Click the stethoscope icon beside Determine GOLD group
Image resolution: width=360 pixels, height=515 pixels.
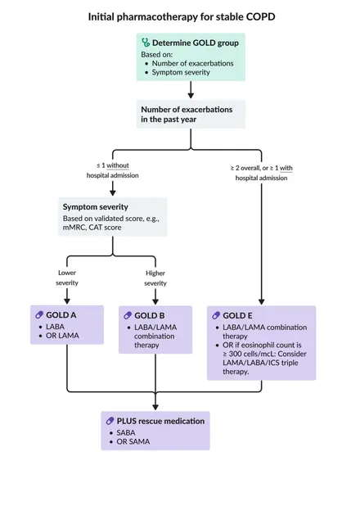pos(146,43)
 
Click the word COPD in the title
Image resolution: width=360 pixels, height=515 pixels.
pos(262,16)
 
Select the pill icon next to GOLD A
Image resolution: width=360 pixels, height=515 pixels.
pos(39,315)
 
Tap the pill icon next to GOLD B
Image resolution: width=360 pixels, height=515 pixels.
pos(128,316)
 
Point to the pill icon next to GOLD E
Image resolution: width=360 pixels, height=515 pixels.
pos(216,316)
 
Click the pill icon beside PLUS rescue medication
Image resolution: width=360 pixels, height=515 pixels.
pos(110,421)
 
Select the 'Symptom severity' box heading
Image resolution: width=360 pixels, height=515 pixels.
pos(96,207)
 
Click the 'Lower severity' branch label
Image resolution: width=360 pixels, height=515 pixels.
pos(67,278)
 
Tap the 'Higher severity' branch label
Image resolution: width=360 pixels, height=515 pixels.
pos(155,278)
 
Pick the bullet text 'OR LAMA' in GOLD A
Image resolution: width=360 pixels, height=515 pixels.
pos(62,336)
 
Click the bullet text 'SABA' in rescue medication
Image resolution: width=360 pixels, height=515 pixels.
pos(126,432)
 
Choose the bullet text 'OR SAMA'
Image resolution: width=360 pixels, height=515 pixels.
pos(133,441)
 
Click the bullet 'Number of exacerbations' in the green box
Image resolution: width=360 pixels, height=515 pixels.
pos(192,63)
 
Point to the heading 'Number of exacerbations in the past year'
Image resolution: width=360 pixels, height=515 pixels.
pos(187,115)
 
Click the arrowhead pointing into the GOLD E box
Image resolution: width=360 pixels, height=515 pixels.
pos(262,301)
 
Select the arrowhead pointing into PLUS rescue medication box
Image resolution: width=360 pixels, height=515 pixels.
pos(155,407)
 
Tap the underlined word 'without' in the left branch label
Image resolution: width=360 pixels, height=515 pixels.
pos(118,165)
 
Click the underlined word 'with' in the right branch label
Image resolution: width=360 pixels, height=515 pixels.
pos(286,168)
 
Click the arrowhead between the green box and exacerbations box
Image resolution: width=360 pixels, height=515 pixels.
pos(191,95)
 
